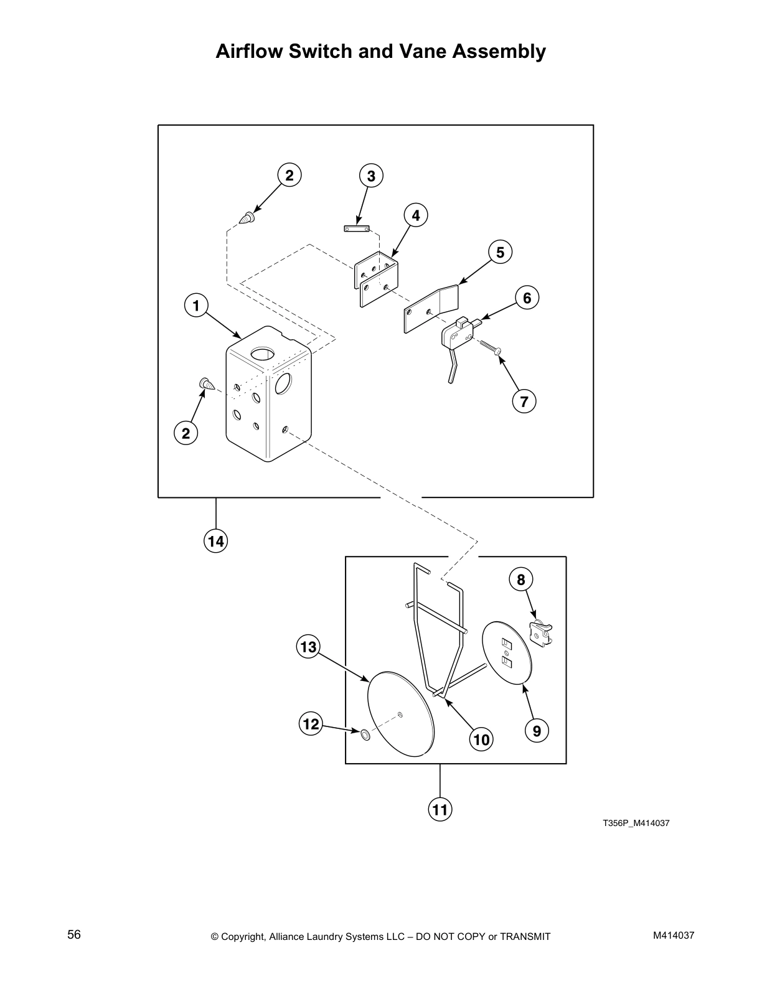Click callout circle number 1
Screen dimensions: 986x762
[x=196, y=306]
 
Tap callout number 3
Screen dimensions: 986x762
[x=371, y=176]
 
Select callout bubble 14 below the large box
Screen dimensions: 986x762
[x=215, y=542]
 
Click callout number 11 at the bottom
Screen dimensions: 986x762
[x=440, y=810]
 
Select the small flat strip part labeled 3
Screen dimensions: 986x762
[x=357, y=228]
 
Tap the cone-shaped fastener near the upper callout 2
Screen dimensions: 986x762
[x=248, y=218]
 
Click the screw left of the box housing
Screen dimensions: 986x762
[x=206, y=384]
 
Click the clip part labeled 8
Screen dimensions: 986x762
[x=540, y=634]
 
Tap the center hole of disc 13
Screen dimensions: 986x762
[x=402, y=715]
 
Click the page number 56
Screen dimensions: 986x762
[x=74, y=934]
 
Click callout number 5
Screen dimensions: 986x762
[x=500, y=252]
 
